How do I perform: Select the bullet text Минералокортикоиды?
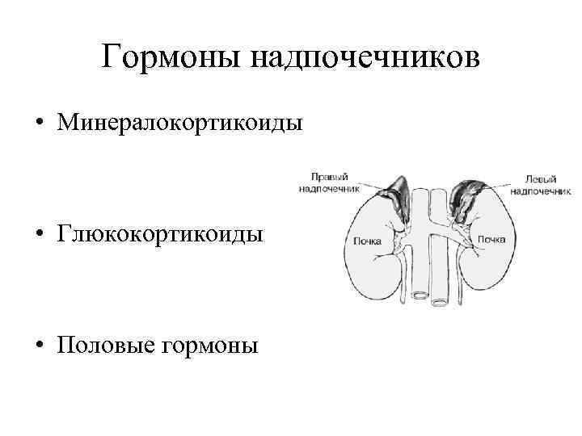pos(180,124)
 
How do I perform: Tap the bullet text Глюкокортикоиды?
pos(159,235)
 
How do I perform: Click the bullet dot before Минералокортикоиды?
pos(38,124)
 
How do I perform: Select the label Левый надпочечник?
pos(541,182)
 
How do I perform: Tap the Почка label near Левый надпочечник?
pos(491,239)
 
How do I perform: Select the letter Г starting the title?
pos(112,57)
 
